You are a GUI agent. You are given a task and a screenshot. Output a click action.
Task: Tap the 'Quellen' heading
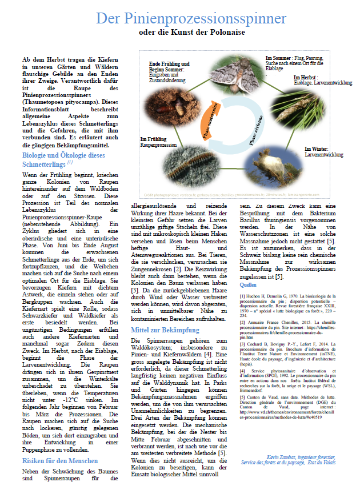pyautogui.click(x=248, y=284)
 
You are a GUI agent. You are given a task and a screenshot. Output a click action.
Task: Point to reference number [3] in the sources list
pyautogui.click(x=242, y=346)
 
